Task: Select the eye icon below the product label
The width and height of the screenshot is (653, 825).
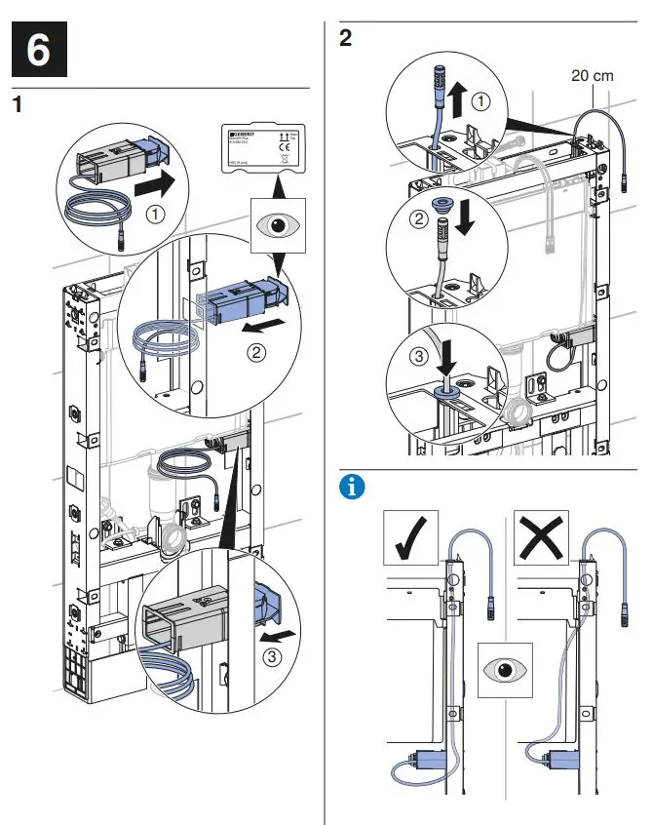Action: point(276,223)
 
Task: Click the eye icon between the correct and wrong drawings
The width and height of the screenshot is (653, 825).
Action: point(505,670)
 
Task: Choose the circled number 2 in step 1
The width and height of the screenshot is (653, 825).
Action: point(257,353)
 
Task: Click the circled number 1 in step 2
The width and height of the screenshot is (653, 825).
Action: point(481,98)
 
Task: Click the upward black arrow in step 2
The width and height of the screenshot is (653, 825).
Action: point(456,98)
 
